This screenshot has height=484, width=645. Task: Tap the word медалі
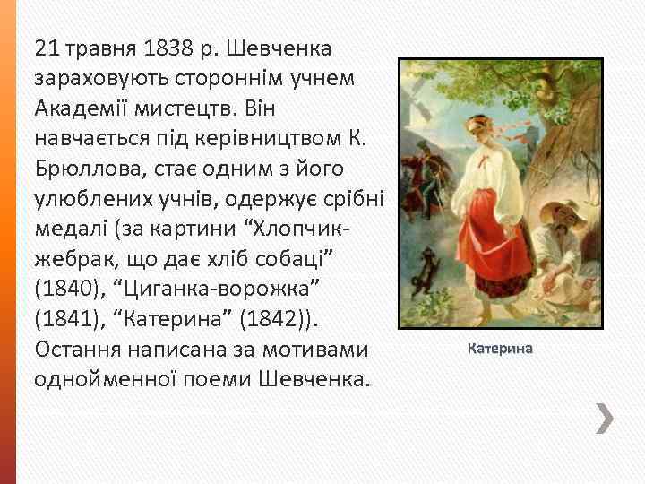(72, 230)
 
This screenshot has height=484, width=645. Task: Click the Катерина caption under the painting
(500, 349)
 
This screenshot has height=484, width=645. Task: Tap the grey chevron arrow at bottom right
(606, 419)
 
